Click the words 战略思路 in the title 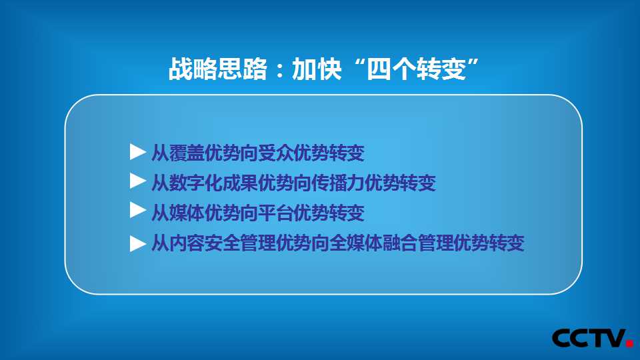218,69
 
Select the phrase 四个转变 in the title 416,69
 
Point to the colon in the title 279,69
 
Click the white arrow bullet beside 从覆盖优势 138,152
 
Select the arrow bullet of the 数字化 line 138,181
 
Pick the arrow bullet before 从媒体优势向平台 138,211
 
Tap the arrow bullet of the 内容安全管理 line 138,244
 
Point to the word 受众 276,153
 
